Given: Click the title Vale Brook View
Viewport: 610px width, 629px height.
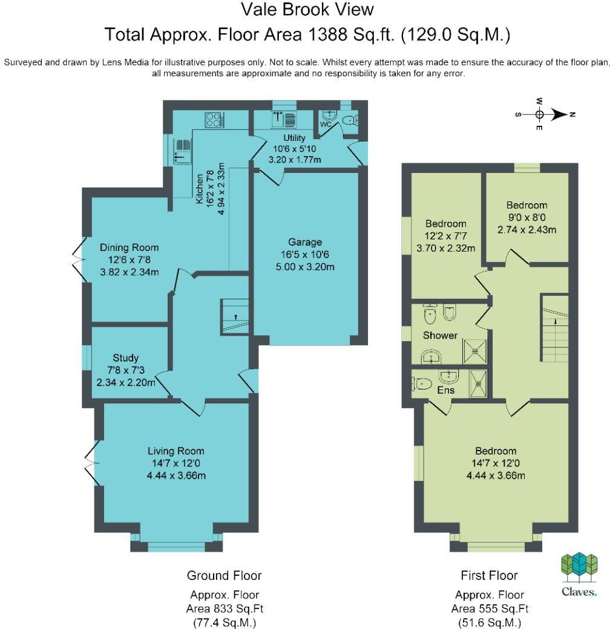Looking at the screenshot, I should point(307,10).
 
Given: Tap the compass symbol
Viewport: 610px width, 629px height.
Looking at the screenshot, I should point(539,114).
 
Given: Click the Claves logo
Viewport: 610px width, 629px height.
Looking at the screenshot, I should point(579,574).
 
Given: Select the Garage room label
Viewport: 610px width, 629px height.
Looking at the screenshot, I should point(305,242).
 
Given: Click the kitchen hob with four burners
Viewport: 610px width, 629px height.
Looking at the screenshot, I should point(214,120).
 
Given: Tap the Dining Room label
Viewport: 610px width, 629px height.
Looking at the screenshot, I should point(129,247).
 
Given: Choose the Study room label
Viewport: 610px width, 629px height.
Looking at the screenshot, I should point(125,358).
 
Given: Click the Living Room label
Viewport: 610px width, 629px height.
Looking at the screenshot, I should point(176,451).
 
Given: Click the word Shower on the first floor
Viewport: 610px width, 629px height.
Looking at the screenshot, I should point(440,336).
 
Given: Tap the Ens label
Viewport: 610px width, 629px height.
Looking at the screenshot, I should point(445,390).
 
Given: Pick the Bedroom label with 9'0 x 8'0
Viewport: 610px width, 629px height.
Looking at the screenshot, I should point(526,205).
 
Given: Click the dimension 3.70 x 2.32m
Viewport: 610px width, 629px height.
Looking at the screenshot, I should point(445,247).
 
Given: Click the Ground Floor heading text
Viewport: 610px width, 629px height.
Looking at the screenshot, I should point(224,575).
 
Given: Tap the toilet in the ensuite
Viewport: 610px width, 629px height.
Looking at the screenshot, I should point(421,383).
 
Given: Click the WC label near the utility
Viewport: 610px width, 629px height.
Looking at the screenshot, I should point(325,125).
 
